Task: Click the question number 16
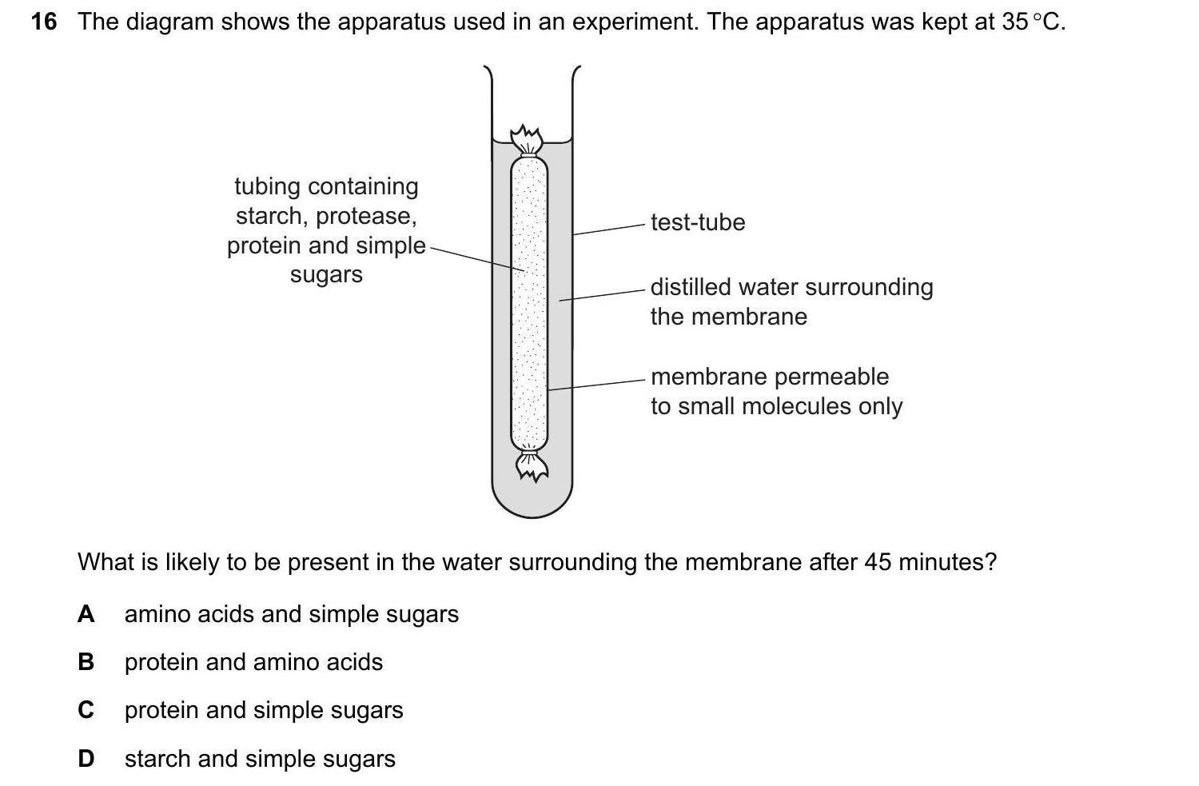44,22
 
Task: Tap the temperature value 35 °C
1032,22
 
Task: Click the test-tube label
697,222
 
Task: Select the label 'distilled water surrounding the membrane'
791,301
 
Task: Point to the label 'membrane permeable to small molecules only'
775,391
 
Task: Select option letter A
86,614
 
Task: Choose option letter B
86,662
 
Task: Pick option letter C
86,710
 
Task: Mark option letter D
86,759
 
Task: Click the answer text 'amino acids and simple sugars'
292,614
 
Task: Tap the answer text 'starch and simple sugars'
260,759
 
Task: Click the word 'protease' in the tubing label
372,216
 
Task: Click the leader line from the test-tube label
608,229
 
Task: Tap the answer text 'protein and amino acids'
253,662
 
